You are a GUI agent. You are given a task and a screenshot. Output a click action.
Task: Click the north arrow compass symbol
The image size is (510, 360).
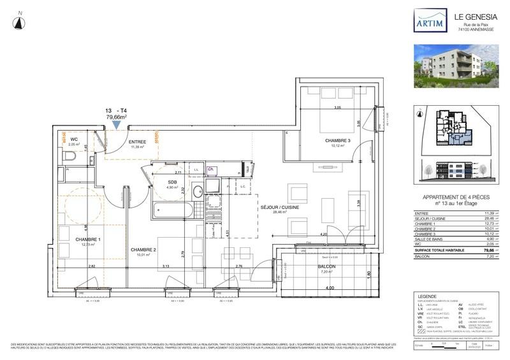20,20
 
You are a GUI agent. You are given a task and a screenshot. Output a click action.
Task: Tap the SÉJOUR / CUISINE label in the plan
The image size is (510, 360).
279,208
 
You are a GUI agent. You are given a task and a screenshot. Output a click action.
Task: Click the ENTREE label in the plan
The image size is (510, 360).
138,141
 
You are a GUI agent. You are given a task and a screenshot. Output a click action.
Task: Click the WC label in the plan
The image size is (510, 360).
73,140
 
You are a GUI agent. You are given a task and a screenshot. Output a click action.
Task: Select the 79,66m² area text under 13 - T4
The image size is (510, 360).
117,117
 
